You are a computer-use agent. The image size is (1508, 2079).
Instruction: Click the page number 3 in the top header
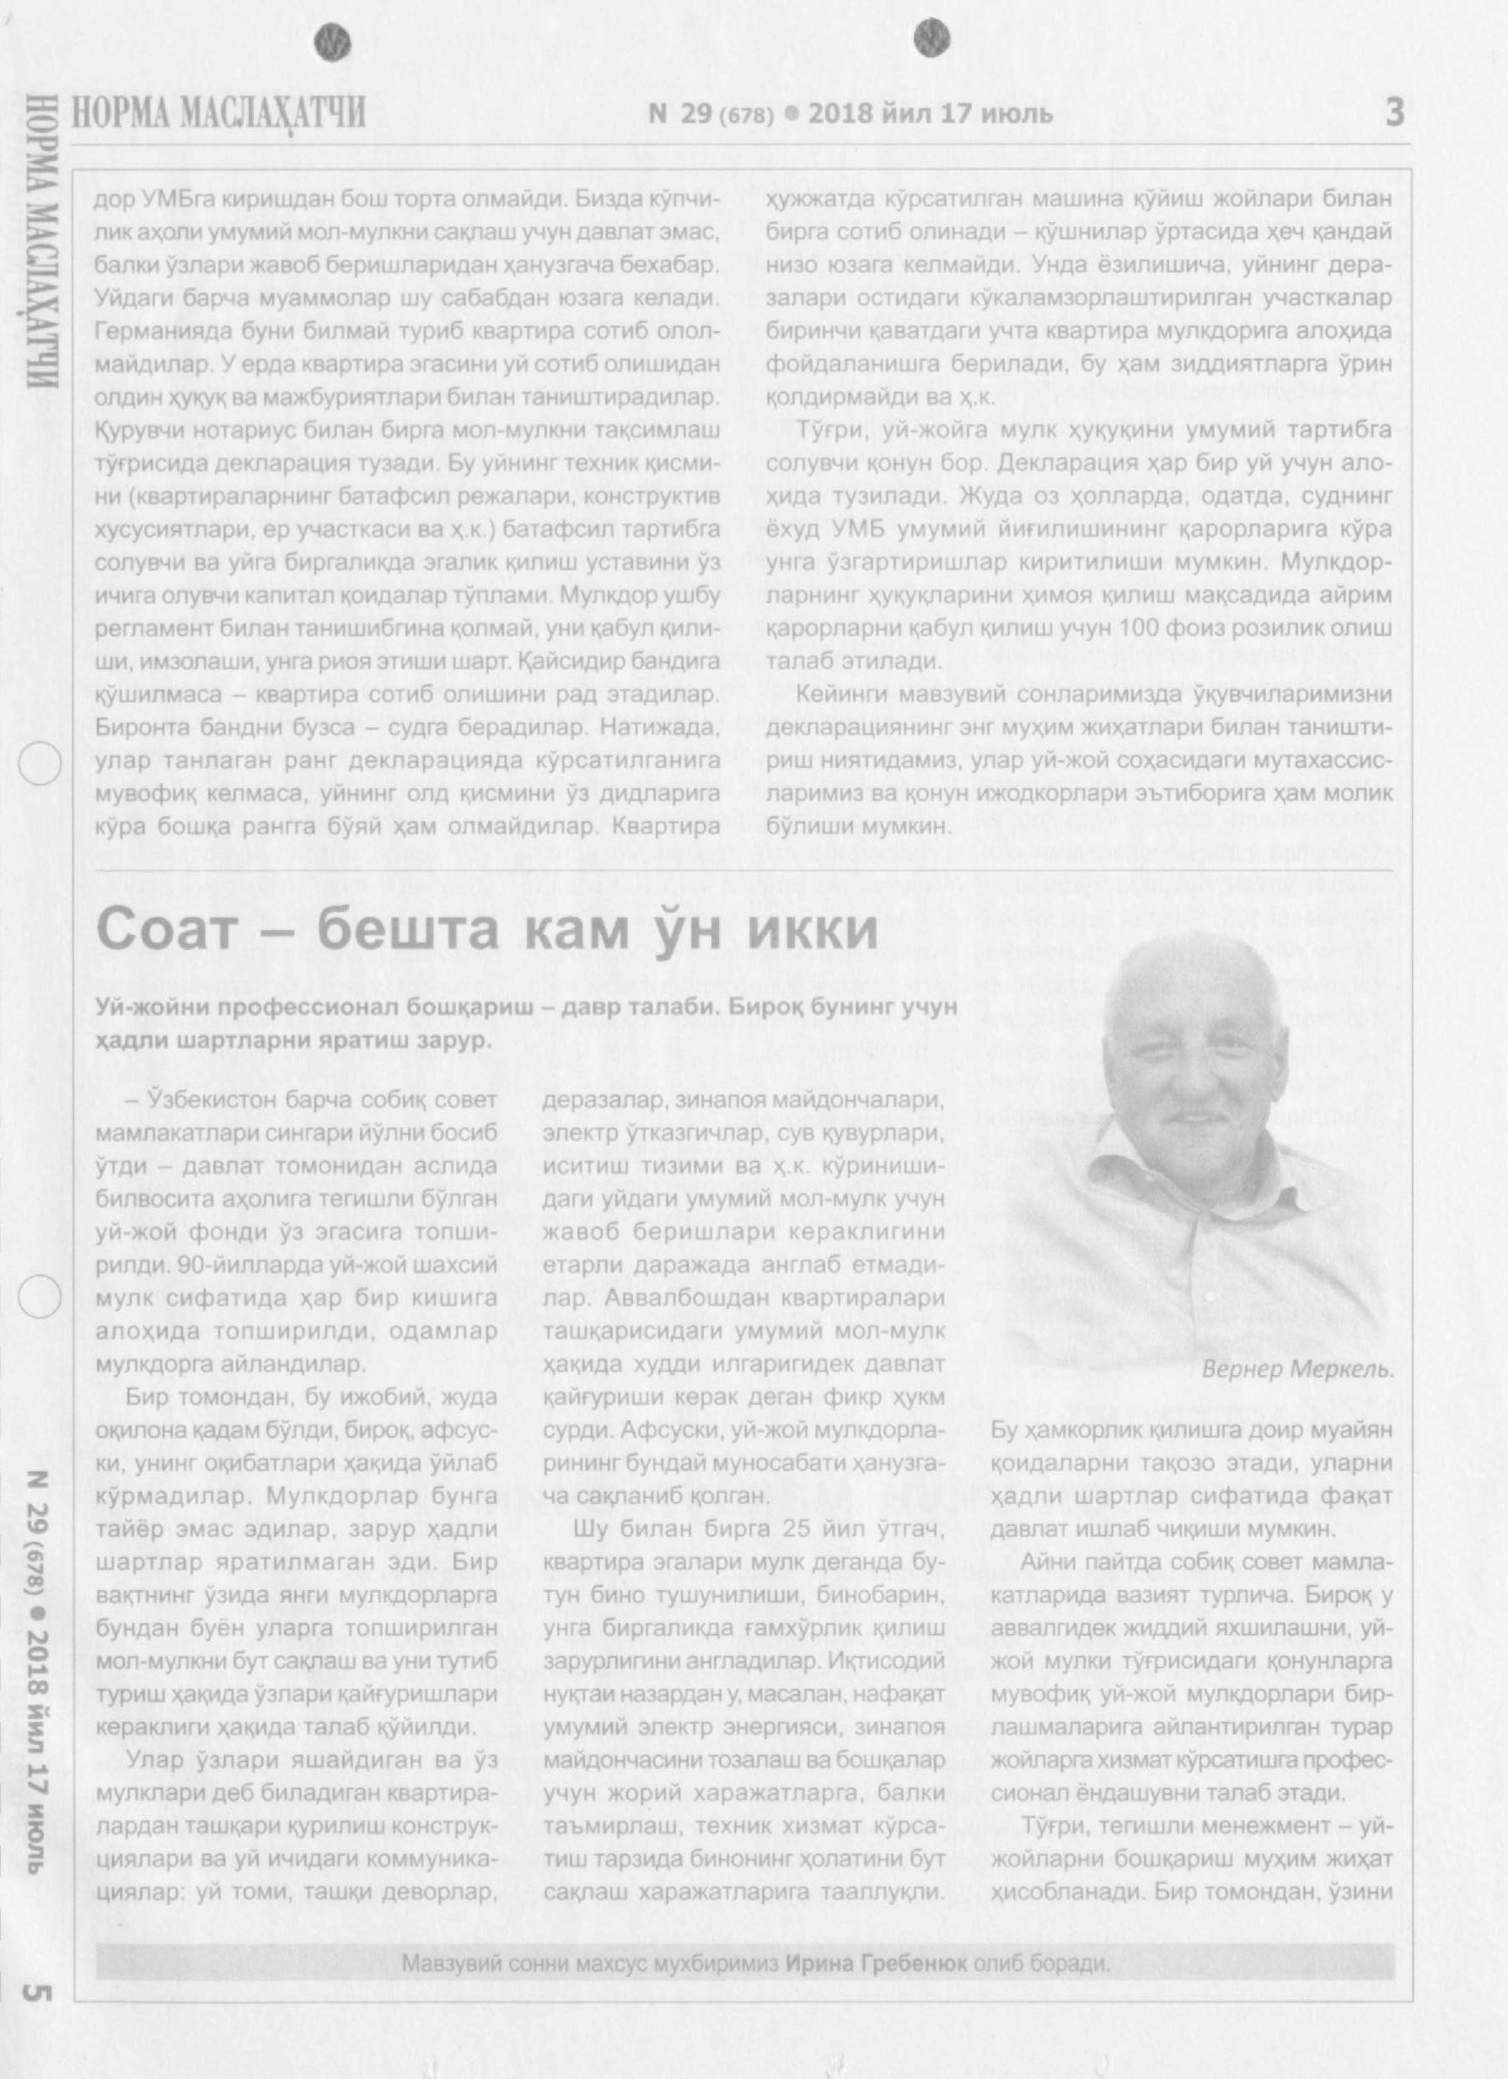tap(1393, 113)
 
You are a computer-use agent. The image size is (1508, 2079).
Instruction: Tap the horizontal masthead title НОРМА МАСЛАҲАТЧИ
tap(220, 114)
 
